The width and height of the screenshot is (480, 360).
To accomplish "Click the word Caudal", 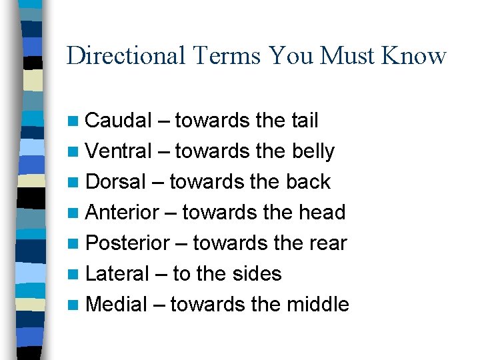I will (119, 121).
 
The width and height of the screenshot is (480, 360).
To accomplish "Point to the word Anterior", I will (123, 213).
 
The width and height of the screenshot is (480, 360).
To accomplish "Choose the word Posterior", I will (128, 243).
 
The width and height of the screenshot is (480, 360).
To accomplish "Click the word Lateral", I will (118, 274).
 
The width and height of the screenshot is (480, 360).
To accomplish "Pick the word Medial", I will (117, 305).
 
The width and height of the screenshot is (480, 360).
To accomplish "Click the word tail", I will (305, 121).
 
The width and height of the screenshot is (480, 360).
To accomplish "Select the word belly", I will (313, 152).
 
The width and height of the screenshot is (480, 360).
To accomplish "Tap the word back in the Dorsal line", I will (308, 182).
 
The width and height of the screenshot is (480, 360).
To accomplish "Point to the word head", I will (323, 213).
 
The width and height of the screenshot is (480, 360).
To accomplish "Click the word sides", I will (256, 274).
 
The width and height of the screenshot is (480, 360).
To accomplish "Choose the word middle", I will (318, 305).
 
